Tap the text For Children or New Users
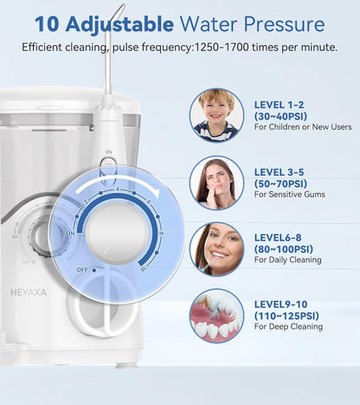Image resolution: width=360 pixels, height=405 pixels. click(301, 127)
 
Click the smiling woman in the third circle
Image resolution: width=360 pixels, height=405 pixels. click(215, 248)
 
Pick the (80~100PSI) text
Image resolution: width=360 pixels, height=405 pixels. click(284, 250)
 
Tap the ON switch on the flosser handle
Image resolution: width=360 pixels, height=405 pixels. click(108, 159)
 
